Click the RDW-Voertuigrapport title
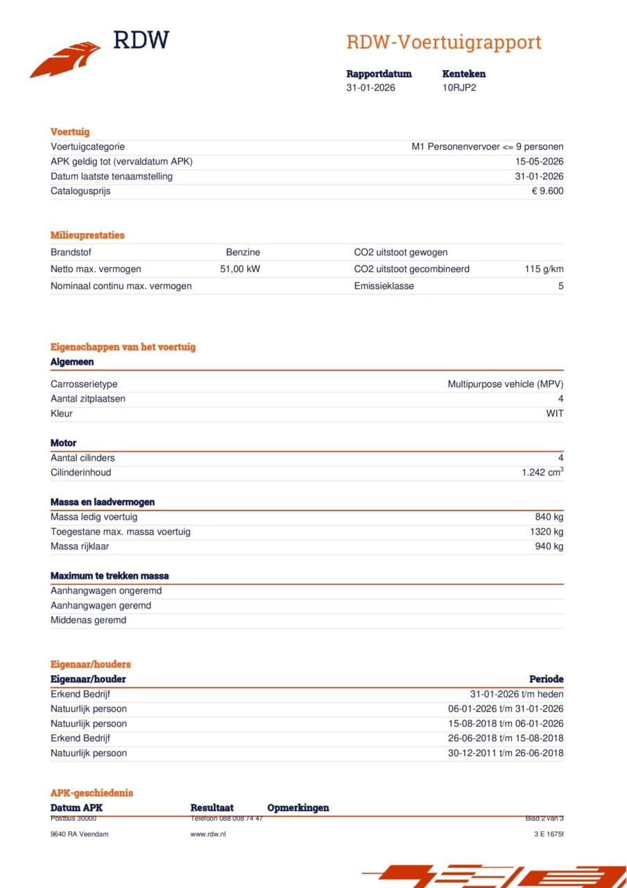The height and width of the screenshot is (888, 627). [443, 42]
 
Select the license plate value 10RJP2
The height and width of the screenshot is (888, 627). [459, 87]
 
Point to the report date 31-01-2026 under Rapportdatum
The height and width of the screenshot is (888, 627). [370, 87]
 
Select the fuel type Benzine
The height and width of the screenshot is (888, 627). [243, 253]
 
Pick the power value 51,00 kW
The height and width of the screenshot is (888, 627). [240, 269]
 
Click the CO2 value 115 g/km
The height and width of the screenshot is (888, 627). [544, 269]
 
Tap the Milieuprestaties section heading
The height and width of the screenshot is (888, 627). [87, 235]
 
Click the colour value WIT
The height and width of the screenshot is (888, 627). [555, 413]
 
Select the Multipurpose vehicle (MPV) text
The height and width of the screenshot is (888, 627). [505, 384]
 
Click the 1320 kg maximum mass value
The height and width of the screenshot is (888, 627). [547, 531]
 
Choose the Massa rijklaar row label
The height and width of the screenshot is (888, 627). [80, 546]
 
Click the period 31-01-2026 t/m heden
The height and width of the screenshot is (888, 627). [517, 694]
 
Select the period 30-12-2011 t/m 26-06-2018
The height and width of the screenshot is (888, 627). [506, 753]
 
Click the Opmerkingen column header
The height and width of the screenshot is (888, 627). [298, 808]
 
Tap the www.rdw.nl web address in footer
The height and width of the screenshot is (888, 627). [208, 834]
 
